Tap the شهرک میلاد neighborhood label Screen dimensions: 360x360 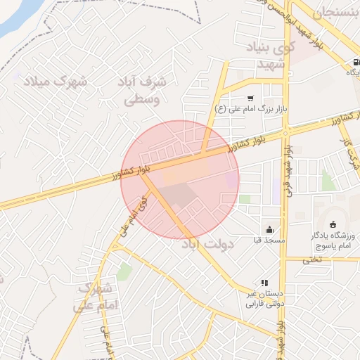tap(56, 82)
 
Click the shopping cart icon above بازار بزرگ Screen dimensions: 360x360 tap(250, 98)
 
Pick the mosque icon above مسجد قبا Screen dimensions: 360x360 tap(269, 229)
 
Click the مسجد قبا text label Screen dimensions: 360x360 tap(269, 240)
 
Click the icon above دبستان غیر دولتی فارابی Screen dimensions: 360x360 tap(264, 283)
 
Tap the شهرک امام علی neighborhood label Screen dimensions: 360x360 tap(93, 297)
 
